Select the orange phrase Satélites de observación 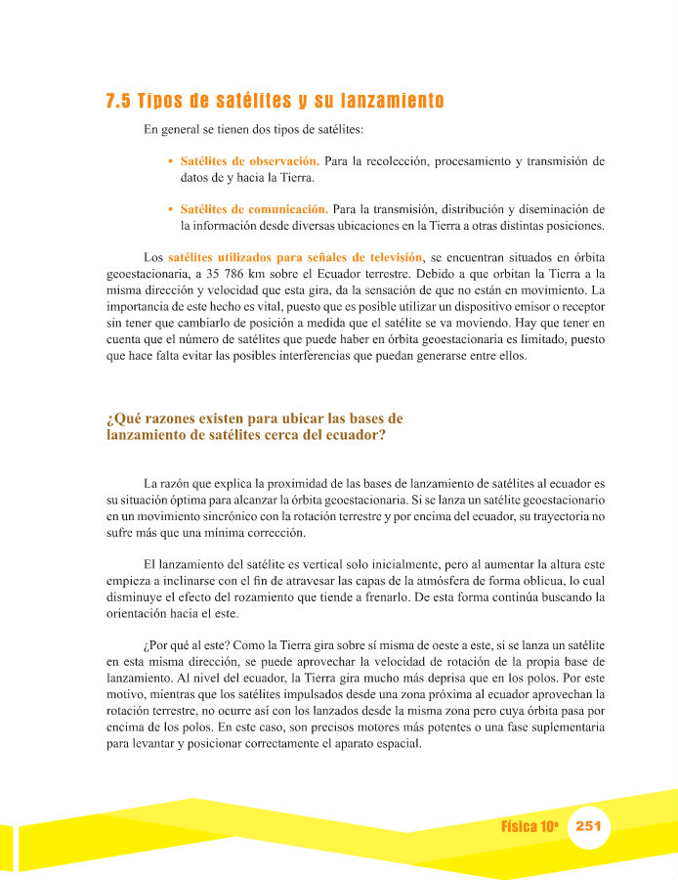pyautogui.click(x=249, y=159)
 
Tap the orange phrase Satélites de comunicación pyautogui.click(x=253, y=208)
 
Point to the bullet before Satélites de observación pyautogui.click(x=171, y=160)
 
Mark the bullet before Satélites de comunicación pyautogui.click(x=171, y=209)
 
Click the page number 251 pyautogui.click(x=588, y=826)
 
